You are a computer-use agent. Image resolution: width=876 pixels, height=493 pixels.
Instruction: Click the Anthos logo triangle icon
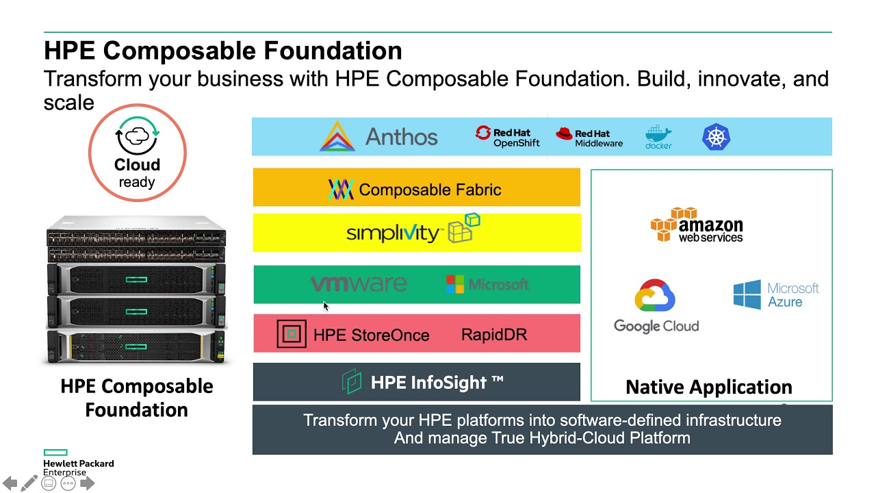pyautogui.click(x=337, y=136)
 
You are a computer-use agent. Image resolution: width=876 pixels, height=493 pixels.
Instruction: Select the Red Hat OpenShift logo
pyautogui.click(x=508, y=137)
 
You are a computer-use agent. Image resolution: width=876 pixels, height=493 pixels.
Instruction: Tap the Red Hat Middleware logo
pyautogui.click(x=589, y=138)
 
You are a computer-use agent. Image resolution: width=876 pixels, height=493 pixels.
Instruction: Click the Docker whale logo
pyautogui.click(x=658, y=137)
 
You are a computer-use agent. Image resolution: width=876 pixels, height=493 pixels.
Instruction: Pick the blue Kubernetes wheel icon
pyautogui.click(x=717, y=137)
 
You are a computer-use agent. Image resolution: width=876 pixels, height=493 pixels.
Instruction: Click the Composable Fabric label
pyautogui.click(x=429, y=190)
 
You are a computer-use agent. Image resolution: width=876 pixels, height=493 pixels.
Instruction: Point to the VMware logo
pyautogui.click(x=359, y=283)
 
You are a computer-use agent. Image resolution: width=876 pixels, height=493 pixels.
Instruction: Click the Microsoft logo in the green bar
pyautogui.click(x=487, y=284)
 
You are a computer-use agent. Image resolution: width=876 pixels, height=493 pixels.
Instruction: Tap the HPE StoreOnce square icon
pyautogui.click(x=292, y=334)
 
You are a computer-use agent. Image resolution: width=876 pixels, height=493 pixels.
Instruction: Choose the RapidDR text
pyautogui.click(x=494, y=335)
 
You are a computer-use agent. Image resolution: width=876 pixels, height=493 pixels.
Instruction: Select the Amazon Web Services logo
pyautogui.click(x=697, y=225)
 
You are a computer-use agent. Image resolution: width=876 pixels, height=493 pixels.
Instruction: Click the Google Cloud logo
pyautogui.click(x=656, y=306)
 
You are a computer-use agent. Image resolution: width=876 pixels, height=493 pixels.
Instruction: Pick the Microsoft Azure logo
pyautogui.click(x=776, y=294)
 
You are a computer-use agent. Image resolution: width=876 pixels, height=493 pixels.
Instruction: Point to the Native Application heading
pyautogui.click(x=708, y=388)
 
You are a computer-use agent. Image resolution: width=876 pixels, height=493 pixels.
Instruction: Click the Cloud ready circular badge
pyautogui.click(x=137, y=152)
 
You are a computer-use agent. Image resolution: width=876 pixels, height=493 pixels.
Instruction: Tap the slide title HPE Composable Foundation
pyautogui.click(x=223, y=51)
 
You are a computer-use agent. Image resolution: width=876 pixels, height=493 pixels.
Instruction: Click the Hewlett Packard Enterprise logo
pyautogui.click(x=78, y=463)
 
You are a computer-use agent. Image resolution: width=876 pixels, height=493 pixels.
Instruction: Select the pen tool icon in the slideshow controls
pyautogui.click(x=29, y=483)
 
